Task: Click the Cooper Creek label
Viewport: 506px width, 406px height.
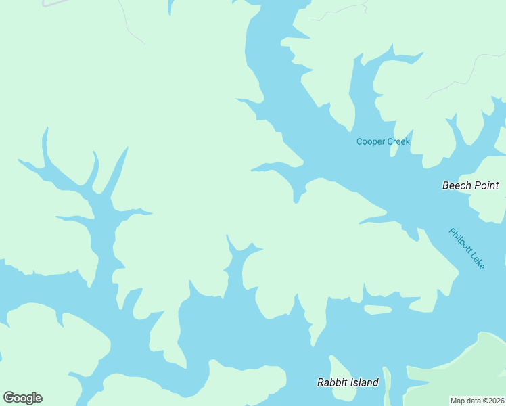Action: (383, 141)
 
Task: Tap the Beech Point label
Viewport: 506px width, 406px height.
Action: (470, 185)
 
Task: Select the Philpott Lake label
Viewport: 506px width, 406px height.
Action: (467, 248)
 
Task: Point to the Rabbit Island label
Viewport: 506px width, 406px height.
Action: (348, 382)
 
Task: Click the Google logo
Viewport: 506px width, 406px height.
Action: (22, 398)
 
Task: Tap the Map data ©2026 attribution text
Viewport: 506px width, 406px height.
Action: (478, 401)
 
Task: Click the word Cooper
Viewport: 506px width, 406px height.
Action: (371, 141)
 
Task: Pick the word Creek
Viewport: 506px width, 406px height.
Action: (398, 141)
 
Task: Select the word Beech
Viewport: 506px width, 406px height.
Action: (457, 185)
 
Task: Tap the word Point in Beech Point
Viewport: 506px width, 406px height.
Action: (486, 185)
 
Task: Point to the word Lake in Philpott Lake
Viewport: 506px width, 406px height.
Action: (477, 260)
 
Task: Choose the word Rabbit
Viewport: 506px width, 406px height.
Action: (332, 382)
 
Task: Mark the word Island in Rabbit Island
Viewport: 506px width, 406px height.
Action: (364, 382)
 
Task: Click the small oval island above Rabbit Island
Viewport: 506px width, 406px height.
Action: (377, 310)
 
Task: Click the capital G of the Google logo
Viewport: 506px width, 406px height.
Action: (8, 398)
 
